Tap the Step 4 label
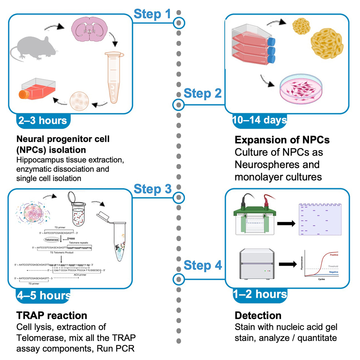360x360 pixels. [202, 265]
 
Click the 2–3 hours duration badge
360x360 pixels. [43, 120]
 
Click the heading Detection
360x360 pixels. [258, 315]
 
